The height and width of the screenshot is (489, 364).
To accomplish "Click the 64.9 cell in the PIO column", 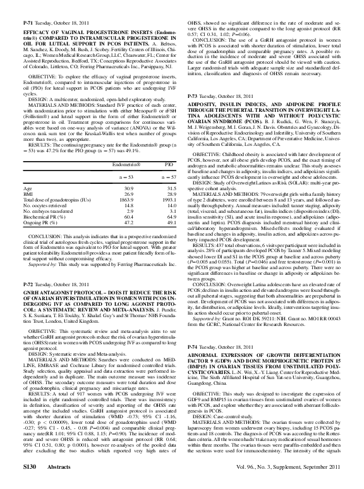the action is [167, 199].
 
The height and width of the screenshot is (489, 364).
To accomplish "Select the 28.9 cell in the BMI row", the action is [167, 176].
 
